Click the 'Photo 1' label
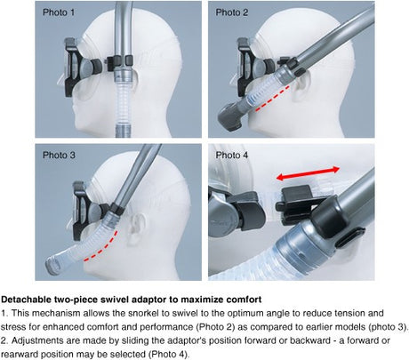point(59,12)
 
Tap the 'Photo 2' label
point(232,12)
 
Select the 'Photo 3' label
point(59,155)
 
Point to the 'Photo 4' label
point(232,155)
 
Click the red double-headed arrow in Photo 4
point(308,173)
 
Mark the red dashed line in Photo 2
point(272,99)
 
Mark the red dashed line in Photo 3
point(101,247)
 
